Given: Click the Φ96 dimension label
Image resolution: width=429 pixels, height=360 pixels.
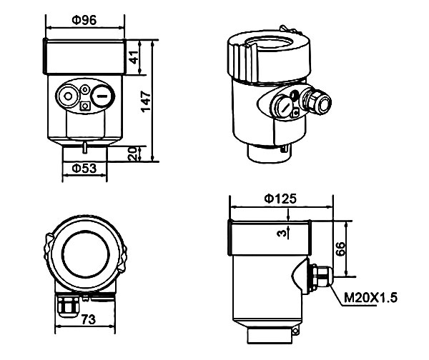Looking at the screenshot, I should click(84, 20).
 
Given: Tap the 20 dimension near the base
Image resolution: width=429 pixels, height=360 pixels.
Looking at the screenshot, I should click(132, 153).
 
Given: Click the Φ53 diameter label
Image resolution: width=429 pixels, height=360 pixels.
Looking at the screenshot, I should click(84, 169).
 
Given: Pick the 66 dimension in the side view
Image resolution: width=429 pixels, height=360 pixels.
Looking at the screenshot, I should click(341, 248).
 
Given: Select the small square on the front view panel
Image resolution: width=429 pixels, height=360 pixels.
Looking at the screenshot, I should click(86, 107).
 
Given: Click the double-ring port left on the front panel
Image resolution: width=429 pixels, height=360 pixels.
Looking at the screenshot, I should click(69, 96).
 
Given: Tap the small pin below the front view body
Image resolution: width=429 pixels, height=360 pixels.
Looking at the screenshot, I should click(84, 148).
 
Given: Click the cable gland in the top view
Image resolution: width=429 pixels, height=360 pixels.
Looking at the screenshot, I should click(69, 305).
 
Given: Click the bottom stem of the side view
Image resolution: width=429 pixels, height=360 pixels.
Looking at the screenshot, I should click(269, 335).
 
